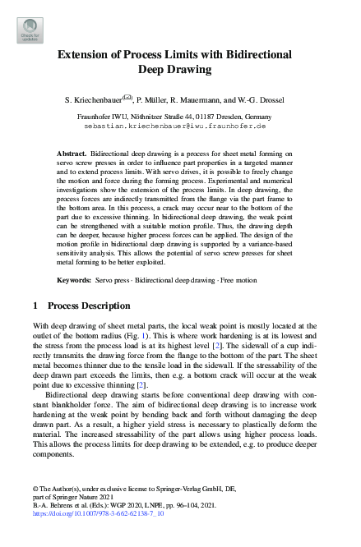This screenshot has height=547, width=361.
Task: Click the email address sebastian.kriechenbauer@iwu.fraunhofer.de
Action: point(180,127)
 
